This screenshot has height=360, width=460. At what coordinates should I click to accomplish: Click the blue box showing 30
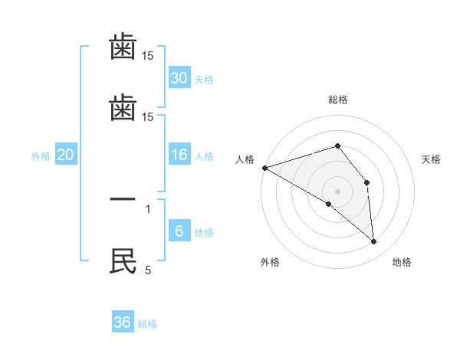[179, 78]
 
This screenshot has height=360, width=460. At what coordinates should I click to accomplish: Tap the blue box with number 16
[179, 155]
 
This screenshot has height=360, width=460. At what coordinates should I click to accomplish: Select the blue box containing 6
[179, 231]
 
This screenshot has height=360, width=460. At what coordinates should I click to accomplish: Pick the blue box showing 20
[65, 155]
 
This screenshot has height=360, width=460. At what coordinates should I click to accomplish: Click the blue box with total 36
[123, 322]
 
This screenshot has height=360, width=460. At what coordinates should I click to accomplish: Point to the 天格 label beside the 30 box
[204, 80]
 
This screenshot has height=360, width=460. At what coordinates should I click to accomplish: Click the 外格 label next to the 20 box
[41, 156]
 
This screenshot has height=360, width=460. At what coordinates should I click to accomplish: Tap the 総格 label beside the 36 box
[148, 324]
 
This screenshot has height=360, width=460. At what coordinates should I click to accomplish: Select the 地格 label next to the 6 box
[204, 233]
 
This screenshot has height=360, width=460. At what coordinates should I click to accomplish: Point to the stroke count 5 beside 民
[148, 270]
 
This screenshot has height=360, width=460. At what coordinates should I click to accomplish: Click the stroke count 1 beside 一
[148, 208]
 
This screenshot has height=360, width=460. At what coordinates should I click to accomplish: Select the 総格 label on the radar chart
[337, 100]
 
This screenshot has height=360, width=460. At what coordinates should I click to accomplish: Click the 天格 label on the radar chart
[432, 159]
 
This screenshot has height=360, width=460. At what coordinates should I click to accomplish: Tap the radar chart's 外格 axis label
[270, 262]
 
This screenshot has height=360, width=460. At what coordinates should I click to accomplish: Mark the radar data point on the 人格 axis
[264, 167]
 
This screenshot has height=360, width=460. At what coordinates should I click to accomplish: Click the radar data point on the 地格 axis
[374, 242]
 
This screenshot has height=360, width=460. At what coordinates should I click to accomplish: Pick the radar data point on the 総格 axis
[337, 146]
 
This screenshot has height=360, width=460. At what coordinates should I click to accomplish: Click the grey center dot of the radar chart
[337, 191]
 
